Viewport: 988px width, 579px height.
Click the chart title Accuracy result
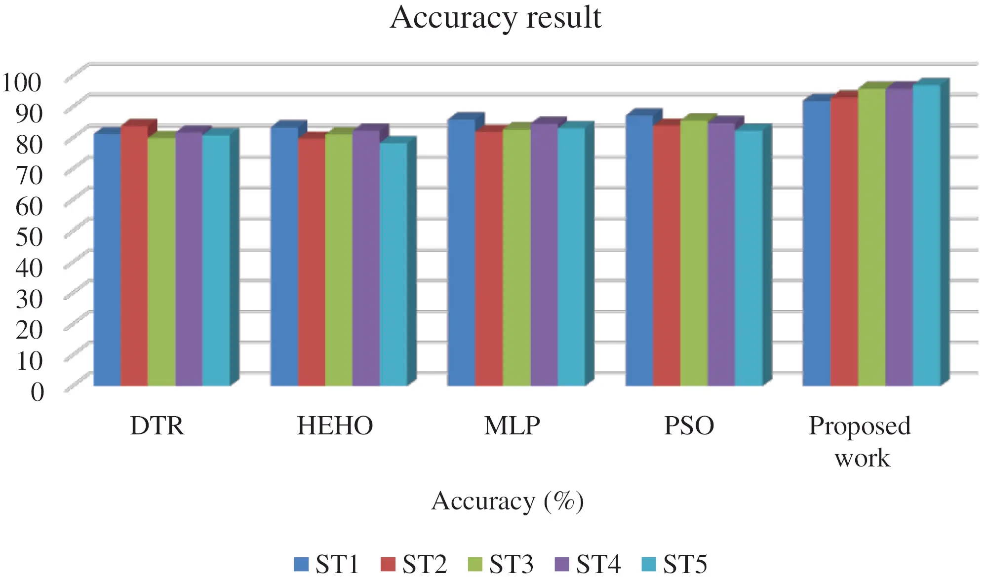tap(495, 18)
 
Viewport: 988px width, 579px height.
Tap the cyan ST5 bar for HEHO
tap(393, 264)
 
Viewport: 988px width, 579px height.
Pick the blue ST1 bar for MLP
tap(461, 252)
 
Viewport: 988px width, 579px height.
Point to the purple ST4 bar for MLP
tap(544, 254)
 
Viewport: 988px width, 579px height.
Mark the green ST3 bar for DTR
tap(161, 261)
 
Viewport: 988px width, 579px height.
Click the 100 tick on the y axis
tap(21, 82)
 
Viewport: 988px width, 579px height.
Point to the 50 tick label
tap(29, 236)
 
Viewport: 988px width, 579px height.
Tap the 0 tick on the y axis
tap(37, 392)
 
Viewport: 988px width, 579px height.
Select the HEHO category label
tap(335, 425)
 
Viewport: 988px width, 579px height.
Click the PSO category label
tap(689, 425)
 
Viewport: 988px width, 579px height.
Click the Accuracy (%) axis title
tap(507, 501)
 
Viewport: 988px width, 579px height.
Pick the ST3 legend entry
tap(500, 564)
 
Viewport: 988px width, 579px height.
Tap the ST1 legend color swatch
tap(301, 564)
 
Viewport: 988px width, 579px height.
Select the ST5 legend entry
tap(674, 564)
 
